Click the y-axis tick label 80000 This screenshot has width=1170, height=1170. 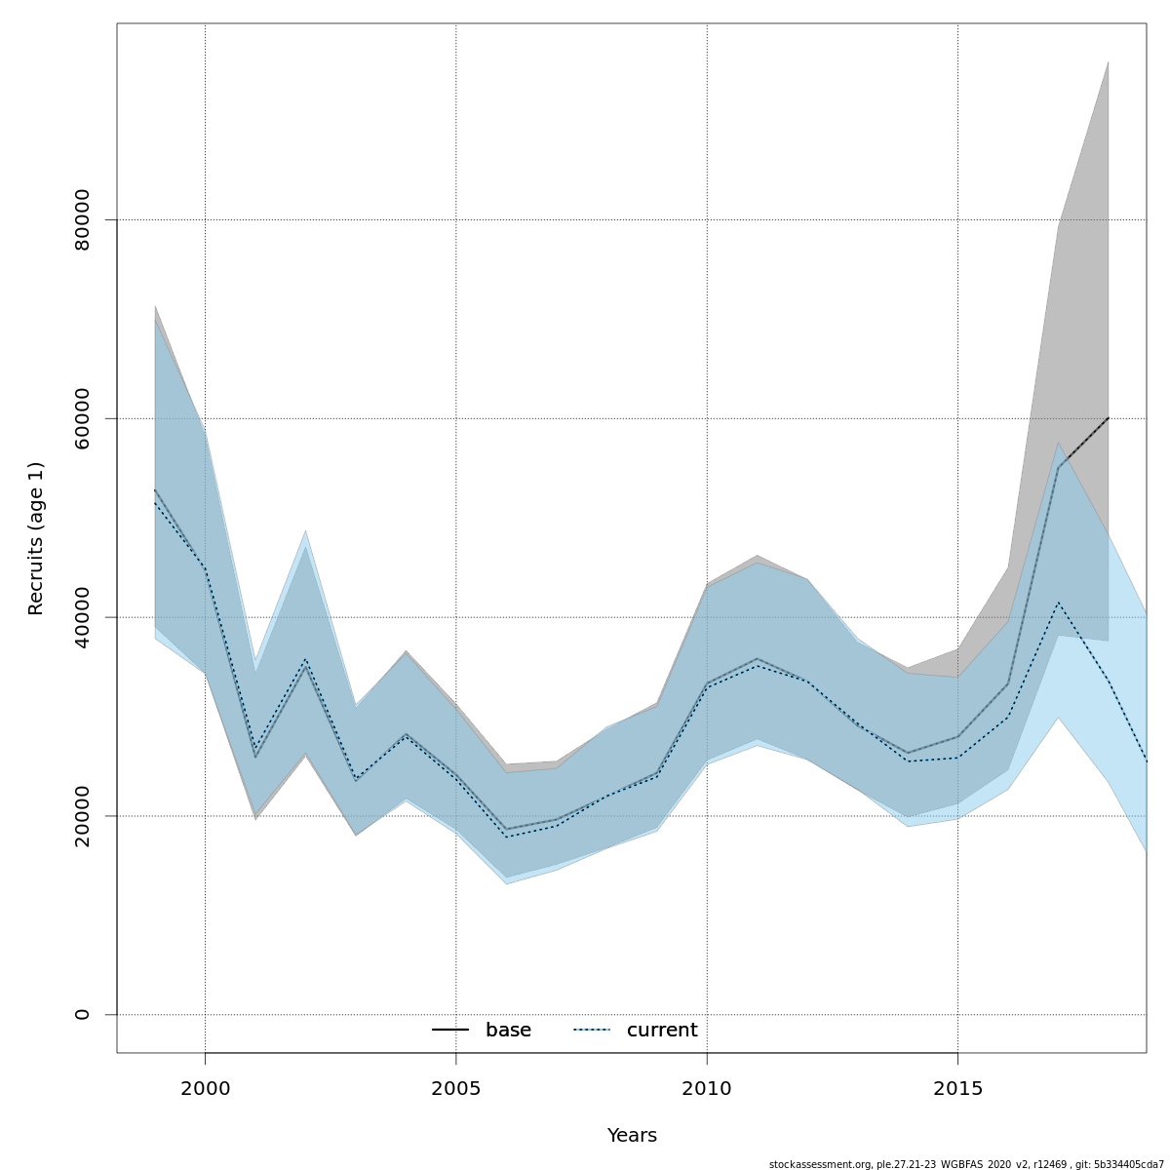[x=82, y=220]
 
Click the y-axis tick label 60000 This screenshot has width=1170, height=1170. [x=82, y=418]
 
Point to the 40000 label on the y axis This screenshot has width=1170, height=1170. [x=82, y=617]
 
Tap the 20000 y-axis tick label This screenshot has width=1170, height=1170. [x=82, y=816]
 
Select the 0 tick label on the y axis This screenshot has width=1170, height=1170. [x=82, y=1015]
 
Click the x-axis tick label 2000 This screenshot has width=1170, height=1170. [x=205, y=1088]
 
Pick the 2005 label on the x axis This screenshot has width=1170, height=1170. [x=456, y=1088]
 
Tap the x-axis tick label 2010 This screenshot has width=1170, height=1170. [x=707, y=1088]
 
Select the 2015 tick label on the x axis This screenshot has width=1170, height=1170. [x=957, y=1088]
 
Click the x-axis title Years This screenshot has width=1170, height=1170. [x=632, y=1136]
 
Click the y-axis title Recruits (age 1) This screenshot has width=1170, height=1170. [x=36, y=538]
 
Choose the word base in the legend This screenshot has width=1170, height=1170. [x=508, y=1031]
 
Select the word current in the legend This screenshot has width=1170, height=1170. [x=662, y=1031]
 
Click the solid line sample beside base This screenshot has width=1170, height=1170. [x=450, y=1031]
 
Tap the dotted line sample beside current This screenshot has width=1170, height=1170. [x=592, y=1031]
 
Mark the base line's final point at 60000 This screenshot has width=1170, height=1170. [x=1108, y=418]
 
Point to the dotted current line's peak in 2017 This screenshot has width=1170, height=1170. [x=1058, y=603]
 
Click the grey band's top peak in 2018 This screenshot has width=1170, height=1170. [x=1108, y=62]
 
